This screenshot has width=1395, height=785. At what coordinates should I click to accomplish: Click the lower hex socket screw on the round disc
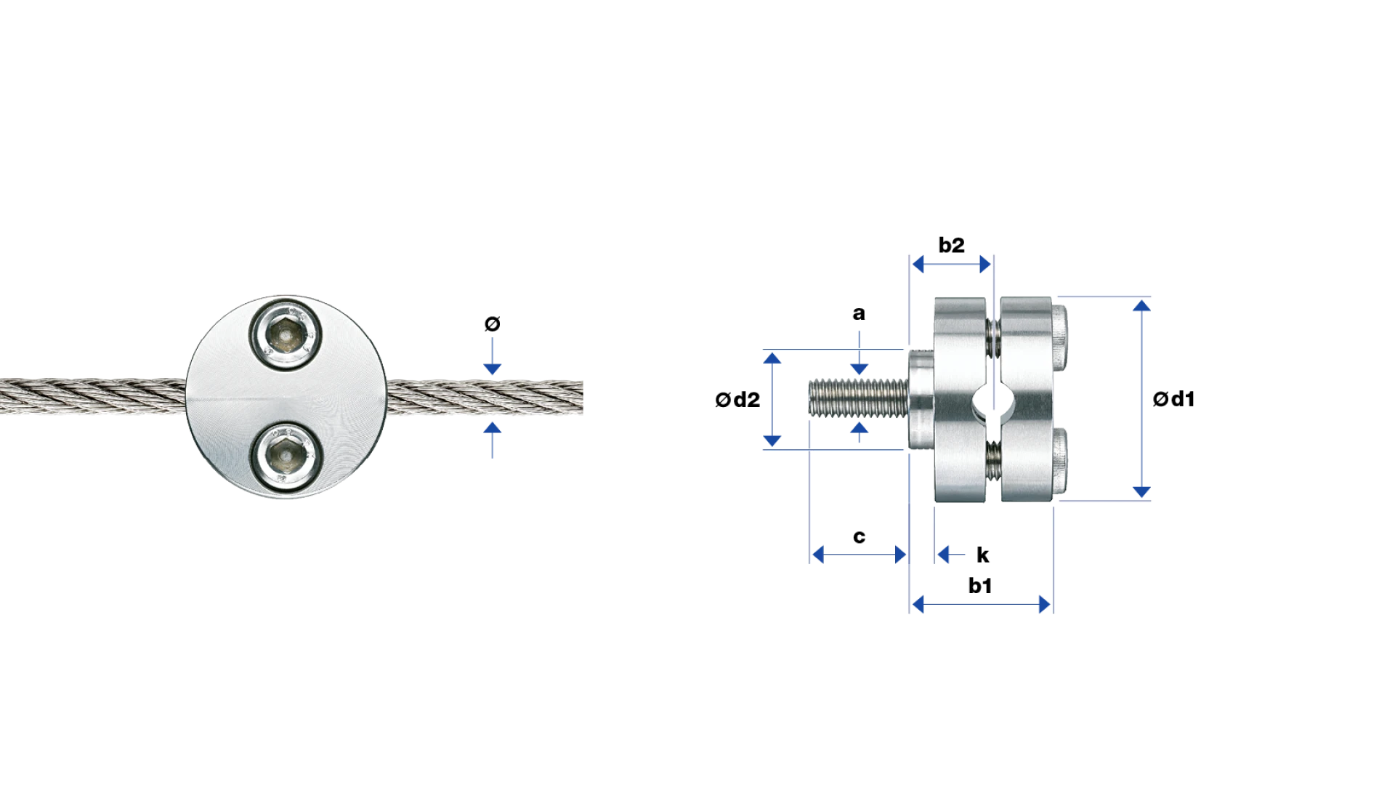[x=286, y=457]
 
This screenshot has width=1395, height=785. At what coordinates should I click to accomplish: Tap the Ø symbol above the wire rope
[x=492, y=323]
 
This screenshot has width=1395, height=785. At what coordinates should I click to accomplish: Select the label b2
[x=951, y=245]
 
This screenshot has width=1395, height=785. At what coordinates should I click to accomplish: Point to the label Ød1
[x=1173, y=398]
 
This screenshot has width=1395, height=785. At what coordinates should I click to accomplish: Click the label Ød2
[x=737, y=399]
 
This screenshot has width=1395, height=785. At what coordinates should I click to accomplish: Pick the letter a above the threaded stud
[x=859, y=313]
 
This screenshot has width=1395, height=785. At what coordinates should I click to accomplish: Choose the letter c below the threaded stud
[x=859, y=536]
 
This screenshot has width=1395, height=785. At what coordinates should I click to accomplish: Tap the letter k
[x=982, y=555]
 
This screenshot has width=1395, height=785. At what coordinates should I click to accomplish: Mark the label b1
[x=979, y=586]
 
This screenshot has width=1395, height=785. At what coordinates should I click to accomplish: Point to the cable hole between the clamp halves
[x=992, y=398]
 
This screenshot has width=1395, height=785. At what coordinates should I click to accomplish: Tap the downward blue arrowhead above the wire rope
[x=492, y=369]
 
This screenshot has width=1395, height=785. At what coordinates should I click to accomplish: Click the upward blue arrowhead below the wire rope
[x=492, y=427]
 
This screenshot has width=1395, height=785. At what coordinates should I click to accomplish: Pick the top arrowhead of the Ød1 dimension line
[x=1141, y=305]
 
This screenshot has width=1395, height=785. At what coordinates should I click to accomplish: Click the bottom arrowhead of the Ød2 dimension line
[x=772, y=440]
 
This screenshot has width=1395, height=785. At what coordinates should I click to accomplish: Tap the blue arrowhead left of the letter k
[x=944, y=555]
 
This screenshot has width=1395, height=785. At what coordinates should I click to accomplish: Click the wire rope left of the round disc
[x=93, y=396]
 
